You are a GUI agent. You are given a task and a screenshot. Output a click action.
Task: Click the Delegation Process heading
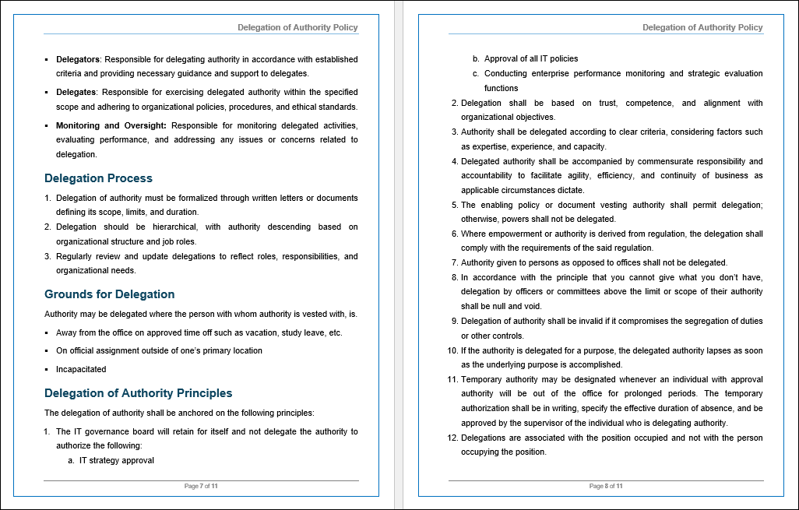pyautogui.click(x=98, y=178)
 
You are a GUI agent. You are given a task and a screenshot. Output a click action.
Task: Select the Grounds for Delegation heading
pyautogui.click(x=109, y=294)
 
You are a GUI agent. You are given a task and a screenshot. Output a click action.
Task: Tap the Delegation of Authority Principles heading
pyautogui.click(x=138, y=393)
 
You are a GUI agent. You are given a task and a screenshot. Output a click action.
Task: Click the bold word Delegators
pyautogui.click(x=78, y=59)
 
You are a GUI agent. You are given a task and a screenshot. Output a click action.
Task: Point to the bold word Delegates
pyautogui.click(x=76, y=92)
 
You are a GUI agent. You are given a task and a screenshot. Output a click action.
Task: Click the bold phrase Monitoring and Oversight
pyautogui.click(x=111, y=125)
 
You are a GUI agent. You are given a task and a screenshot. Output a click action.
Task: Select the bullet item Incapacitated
pyautogui.click(x=81, y=369)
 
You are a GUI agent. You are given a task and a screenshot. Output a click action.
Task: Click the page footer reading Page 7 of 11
pyautogui.click(x=201, y=486)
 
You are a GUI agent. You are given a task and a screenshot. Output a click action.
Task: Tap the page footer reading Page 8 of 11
pyautogui.click(x=606, y=486)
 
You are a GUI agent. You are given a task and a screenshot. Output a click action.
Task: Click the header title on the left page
pyautogui.click(x=297, y=27)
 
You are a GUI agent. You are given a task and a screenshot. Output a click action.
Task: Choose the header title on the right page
pyautogui.click(x=702, y=27)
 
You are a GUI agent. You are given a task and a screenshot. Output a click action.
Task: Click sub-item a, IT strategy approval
pyautogui.click(x=116, y=460)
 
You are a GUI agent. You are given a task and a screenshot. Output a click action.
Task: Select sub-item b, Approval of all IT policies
pyautogui.click(x=530, y=58)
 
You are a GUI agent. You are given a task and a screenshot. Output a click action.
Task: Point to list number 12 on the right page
pyautogui.click(x=452, y=438)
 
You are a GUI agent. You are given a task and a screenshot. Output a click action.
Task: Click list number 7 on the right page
pyautogui.click(x=455, y=262)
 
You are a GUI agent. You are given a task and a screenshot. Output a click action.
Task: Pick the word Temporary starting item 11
pyautogui.click(x=482, y=379)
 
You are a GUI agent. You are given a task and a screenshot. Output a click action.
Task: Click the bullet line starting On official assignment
pyautogui.click(x=148, y=350)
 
